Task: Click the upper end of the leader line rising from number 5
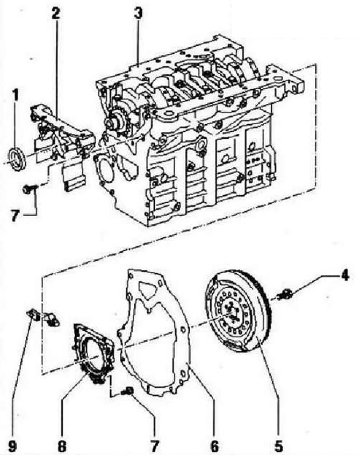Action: [x=258, y=340]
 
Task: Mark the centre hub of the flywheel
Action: [x=231, y=314]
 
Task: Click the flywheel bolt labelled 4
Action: [x=284, y=295]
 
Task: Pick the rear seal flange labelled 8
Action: [x=93, y=353]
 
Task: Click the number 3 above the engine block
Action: [x=138, y=13]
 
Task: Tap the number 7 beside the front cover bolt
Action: [x=16, y=216]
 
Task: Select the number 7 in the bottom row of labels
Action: [x=155, y=445]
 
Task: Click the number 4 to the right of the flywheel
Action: [x=344, y=275]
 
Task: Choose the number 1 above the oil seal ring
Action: [x=16, y=96]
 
